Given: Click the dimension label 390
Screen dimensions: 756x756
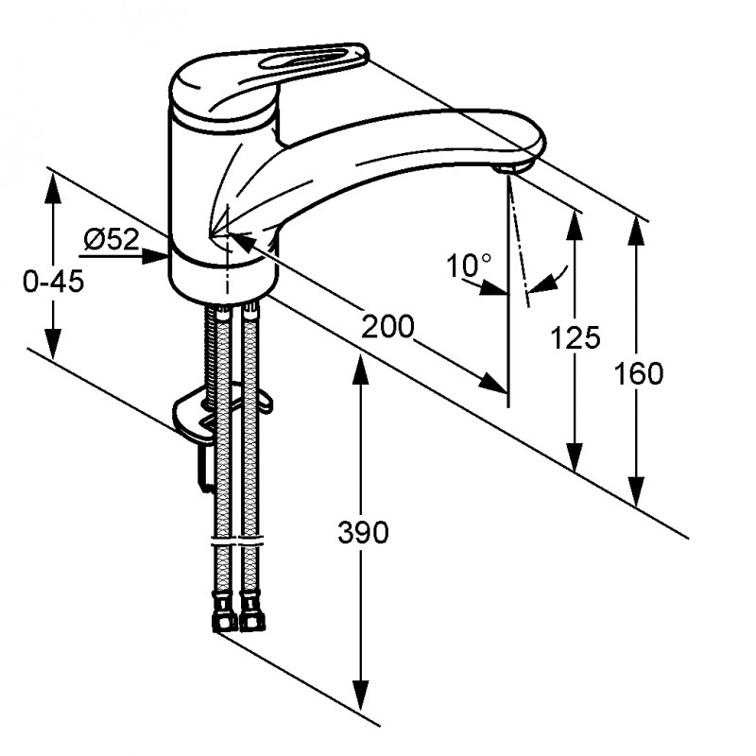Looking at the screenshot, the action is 363,533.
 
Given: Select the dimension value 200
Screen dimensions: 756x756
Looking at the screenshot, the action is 387,326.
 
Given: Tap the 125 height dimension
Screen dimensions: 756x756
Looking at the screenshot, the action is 576,337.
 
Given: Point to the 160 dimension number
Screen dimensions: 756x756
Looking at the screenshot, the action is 638,373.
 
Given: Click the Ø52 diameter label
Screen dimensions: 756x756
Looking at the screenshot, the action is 112,239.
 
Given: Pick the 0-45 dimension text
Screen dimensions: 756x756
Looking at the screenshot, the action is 54,281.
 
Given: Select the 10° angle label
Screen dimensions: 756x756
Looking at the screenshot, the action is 468,265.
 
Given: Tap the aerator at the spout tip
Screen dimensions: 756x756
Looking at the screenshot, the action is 507,169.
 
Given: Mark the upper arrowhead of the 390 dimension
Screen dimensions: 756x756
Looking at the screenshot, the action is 361,369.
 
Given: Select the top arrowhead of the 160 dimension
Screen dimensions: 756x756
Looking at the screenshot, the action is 637,232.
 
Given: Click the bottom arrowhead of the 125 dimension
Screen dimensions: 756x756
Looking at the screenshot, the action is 574,457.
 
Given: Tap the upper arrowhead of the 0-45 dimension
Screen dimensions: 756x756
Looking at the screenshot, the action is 54,188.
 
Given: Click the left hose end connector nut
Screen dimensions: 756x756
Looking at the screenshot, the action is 223,611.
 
